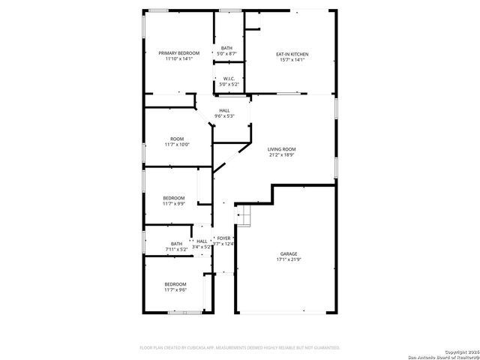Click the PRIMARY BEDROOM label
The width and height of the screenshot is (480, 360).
(179, 53)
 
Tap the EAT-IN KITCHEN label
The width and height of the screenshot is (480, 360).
(292, 54)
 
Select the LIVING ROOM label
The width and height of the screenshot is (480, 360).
(282, 149)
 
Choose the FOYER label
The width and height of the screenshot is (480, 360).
(223, 238)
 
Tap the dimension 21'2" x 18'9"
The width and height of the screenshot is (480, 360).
(282, 156)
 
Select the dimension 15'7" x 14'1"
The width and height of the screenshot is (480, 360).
(292, 60)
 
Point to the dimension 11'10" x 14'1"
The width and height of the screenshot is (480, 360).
(179, 59)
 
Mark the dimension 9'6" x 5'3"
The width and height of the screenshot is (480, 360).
(225, 116)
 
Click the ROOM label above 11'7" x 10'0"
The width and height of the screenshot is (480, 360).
(177, 138)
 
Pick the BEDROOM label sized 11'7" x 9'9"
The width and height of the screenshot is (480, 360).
(175, 197)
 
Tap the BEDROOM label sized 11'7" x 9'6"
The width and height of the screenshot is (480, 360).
(175, 283)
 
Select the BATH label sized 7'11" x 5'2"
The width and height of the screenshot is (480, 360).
(176, 243)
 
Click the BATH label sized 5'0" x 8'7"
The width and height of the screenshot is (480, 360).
(226, 49)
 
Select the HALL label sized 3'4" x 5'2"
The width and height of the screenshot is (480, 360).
(202, 241)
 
